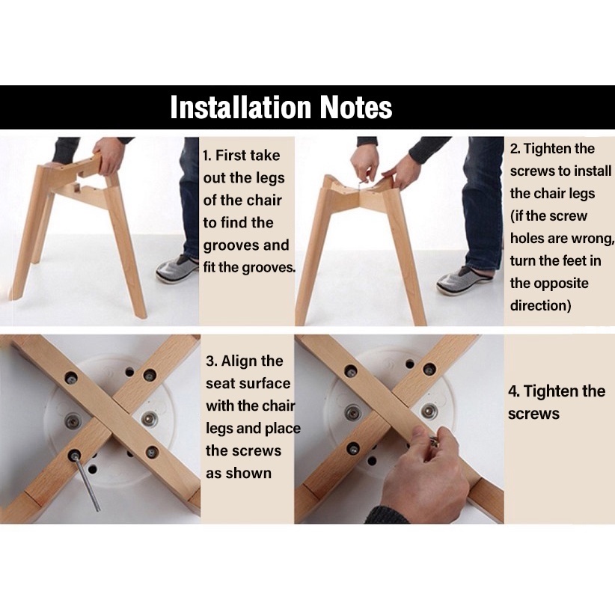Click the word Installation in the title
click(241, 107)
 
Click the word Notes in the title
click(356, 107)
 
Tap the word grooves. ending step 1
click(269, 268)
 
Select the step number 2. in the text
click(515, 149)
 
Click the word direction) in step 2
click(540, 305)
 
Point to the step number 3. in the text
click(211, 361)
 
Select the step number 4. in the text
click(514, 391)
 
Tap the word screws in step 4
click(533, 414)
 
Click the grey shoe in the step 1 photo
click(177, 268)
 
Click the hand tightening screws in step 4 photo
click(425, 474)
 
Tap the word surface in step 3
click(266, 384)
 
